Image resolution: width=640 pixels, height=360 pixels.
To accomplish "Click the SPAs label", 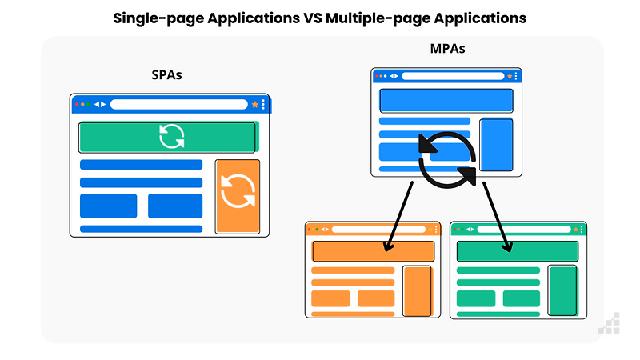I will pos(168,75).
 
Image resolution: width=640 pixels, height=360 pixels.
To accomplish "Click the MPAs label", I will pos(447,50).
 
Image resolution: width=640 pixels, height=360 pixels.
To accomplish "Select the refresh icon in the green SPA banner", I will pos(171,136).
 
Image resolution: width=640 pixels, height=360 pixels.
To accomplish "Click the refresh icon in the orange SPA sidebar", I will pos(238,191).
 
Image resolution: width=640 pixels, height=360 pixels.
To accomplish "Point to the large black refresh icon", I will pos(447,159).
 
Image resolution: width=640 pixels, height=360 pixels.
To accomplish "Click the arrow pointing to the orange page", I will pos(398,214).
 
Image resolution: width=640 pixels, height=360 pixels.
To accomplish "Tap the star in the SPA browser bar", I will pos(254,104).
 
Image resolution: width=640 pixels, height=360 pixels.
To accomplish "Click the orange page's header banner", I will pos(373,251).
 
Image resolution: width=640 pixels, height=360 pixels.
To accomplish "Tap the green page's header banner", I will pos(517,251).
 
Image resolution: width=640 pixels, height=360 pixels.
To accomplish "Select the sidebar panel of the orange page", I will pos(417,290).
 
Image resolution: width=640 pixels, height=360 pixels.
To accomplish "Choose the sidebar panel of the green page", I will pos(562,290).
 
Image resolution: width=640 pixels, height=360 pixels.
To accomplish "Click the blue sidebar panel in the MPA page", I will pos(496,143).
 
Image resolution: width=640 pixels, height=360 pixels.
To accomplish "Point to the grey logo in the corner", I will pos(609,322).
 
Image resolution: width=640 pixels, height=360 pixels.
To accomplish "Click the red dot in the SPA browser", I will pos(77,104).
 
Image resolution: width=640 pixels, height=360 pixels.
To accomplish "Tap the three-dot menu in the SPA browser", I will pos(262,104).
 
